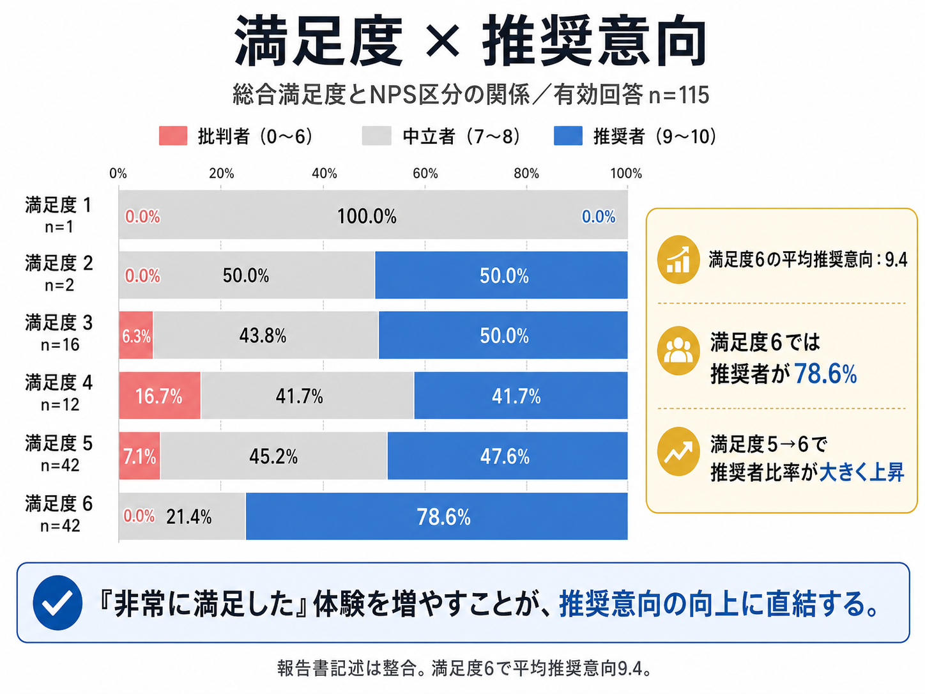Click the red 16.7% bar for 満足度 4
click(x=160, y=396)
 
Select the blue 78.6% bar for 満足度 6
click(x=436, y=516)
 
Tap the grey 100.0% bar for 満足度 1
click(x=373, y=215)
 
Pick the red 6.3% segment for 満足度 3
click(x=136, y=335)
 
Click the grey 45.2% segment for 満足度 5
click(x=273, y=456)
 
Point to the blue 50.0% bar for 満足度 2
click(x=501, y=275)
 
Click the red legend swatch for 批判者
click(x=173, y=136)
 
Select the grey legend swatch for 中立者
click(x=376, y=136)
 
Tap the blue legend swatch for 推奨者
click(x=568, y=136)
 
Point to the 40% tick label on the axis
click(x=324, y=173)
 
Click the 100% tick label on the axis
click(x=626, y=173)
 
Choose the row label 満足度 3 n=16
click(x=59, y=333)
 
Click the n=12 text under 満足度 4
click(x=60, y=405)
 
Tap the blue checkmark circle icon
click(x=57, y=603)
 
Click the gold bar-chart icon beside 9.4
click(x=678, y=259)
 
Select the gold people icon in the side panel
click(x=678, y=351)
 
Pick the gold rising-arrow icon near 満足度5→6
click(x=678, y=452)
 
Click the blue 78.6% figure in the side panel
click(x=825, y=374)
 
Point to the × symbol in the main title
click(x=443, y=41)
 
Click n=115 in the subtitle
click(x=678, y=95)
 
